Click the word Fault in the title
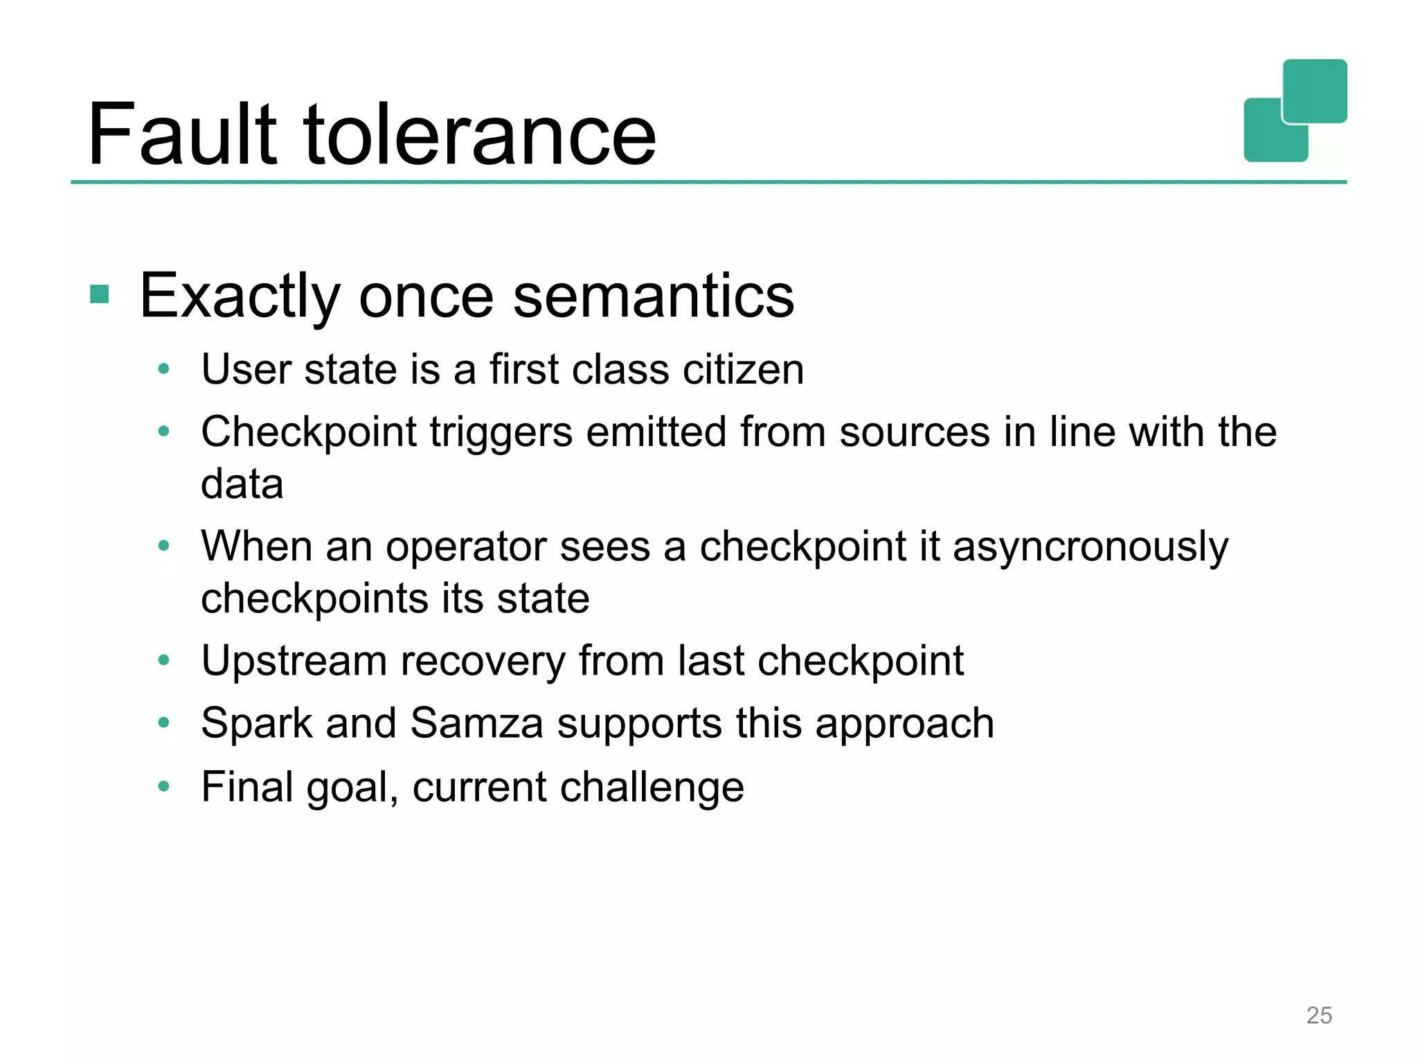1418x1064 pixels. point(181,135)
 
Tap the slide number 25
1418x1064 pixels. point(1318,1015)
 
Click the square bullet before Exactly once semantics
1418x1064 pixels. point(100,294)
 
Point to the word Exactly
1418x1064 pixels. point(239,296)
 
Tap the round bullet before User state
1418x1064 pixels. point(164,369)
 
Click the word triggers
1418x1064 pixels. point(501,432)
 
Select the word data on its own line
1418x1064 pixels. point(242,484)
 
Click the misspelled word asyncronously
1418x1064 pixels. point(1091,547)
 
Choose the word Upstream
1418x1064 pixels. point(294,661)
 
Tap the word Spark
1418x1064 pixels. point(257,724)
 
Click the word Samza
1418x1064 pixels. point(476,724)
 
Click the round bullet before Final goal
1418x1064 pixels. point(164,786)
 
